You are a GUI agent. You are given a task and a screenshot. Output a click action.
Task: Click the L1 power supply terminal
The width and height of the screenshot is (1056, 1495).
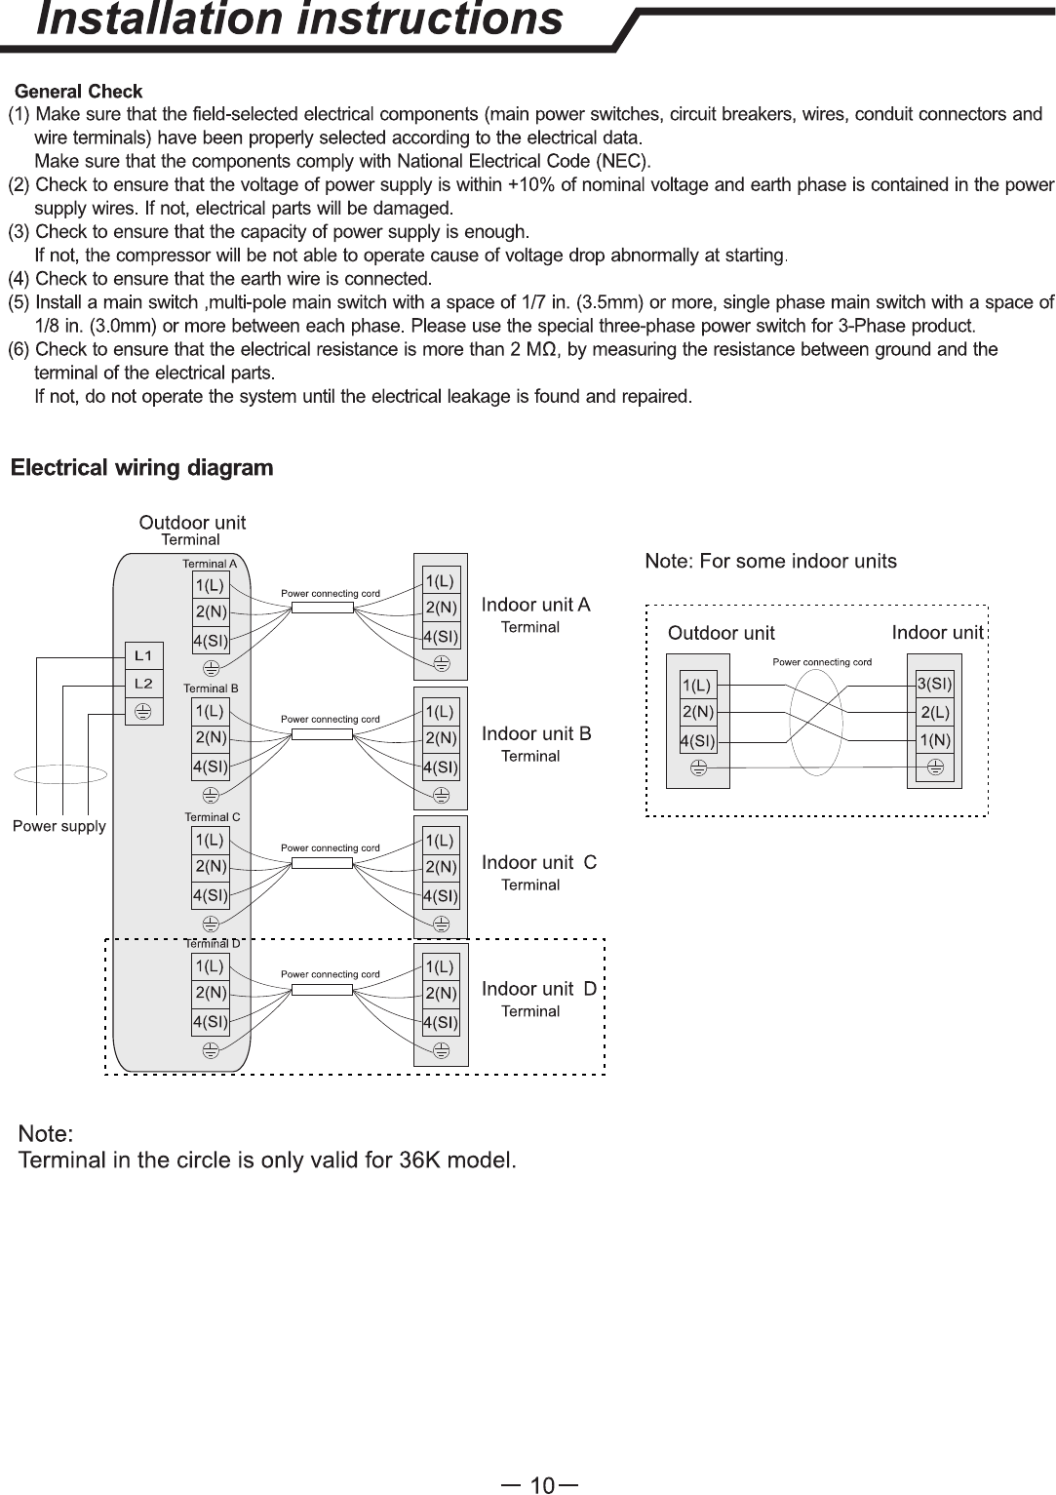pos(144,656)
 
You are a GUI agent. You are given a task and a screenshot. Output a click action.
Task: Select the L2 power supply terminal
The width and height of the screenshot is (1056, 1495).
pos(144,684)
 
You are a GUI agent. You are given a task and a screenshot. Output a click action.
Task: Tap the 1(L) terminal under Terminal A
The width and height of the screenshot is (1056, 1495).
pos(211,585)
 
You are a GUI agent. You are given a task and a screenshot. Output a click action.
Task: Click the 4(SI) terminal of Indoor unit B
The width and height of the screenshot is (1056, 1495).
pos(442,767)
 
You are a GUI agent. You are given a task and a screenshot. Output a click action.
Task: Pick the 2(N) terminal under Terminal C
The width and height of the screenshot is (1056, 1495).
pos(211,867)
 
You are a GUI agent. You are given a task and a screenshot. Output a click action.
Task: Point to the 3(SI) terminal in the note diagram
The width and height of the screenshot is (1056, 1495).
pos(934,684)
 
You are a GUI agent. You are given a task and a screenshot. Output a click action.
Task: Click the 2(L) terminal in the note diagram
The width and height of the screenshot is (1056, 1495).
pos(934,712)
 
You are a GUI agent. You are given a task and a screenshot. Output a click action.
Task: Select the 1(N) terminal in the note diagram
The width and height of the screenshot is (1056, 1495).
pos(934,740)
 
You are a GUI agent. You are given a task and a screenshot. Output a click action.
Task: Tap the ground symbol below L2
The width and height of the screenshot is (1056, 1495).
pos(143,712)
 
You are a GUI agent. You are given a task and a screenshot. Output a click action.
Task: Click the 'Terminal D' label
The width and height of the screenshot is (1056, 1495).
pos(213,944)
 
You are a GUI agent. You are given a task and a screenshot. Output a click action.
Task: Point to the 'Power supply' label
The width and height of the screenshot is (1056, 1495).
pos(59,826)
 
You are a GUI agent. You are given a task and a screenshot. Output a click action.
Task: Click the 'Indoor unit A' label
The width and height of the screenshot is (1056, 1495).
pos(536,605)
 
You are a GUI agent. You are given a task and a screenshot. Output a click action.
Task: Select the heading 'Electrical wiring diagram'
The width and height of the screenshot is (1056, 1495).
pos(142,467)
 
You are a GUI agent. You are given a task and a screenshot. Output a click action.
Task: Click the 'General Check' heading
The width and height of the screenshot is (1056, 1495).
pos(79,92)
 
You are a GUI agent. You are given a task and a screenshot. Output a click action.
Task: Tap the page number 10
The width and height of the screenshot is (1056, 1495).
pos(542,1485)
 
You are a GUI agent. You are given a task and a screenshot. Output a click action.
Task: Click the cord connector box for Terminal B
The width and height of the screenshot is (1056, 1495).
pos(323,734)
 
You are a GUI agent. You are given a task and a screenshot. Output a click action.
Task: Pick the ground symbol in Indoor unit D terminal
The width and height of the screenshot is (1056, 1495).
pos(442,1051)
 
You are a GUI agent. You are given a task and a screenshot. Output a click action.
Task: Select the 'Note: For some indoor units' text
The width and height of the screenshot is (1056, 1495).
pos(771,562)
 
